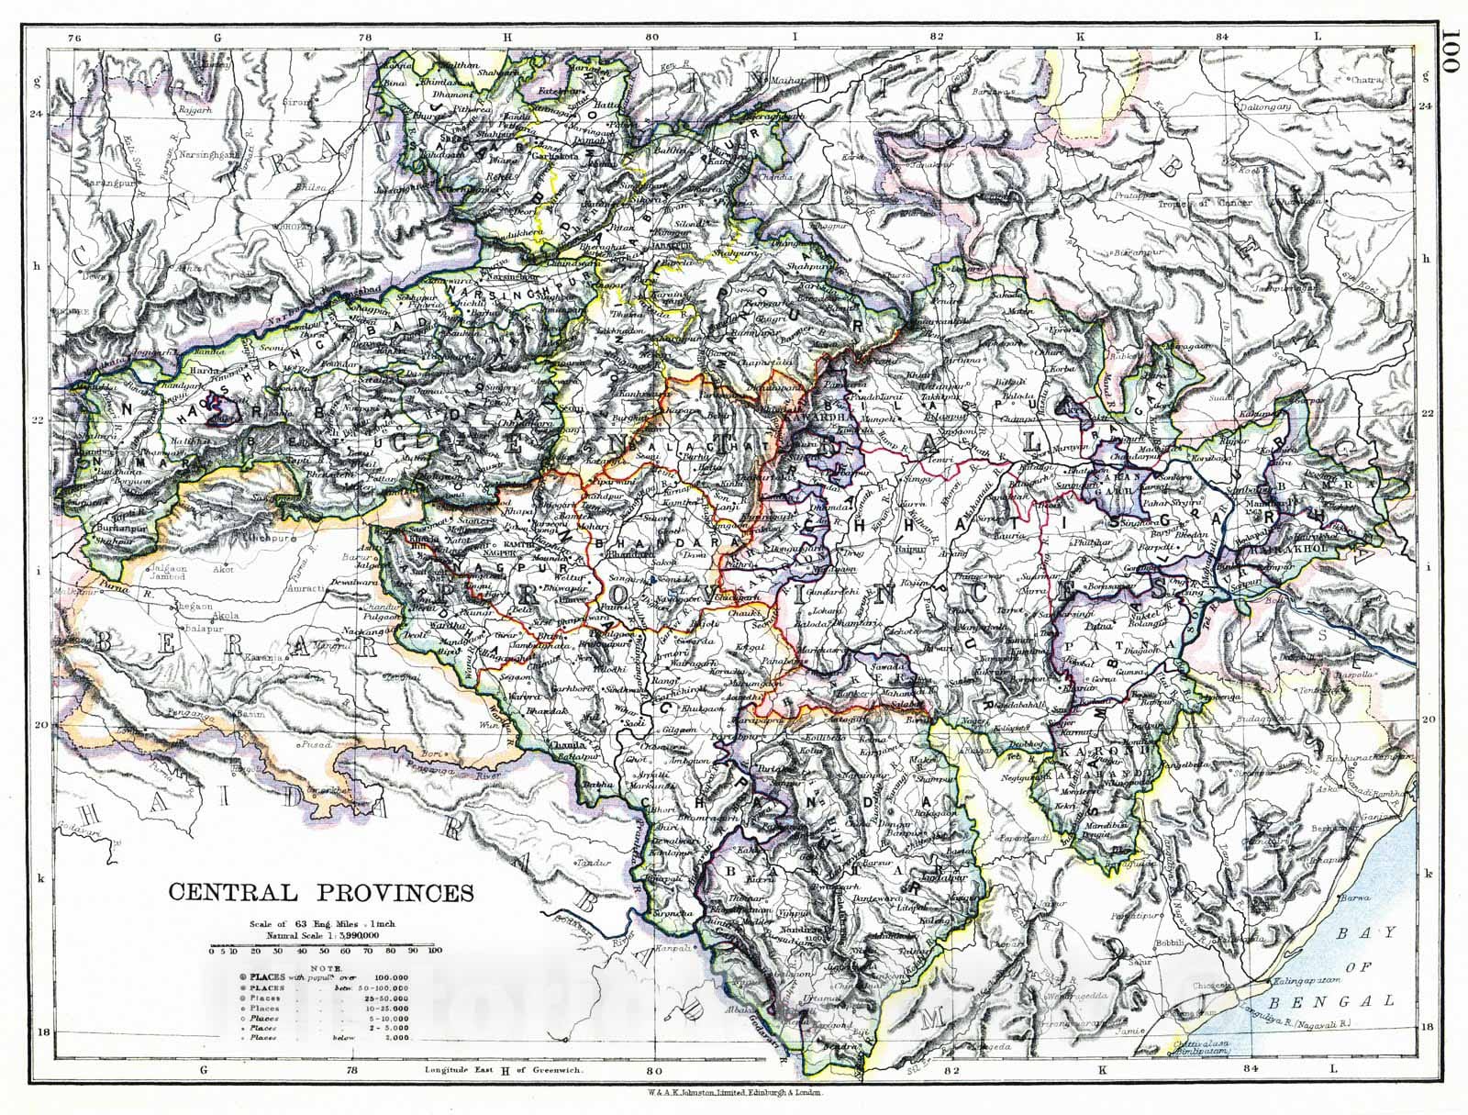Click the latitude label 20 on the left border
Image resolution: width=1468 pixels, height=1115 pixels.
click(63, 724)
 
